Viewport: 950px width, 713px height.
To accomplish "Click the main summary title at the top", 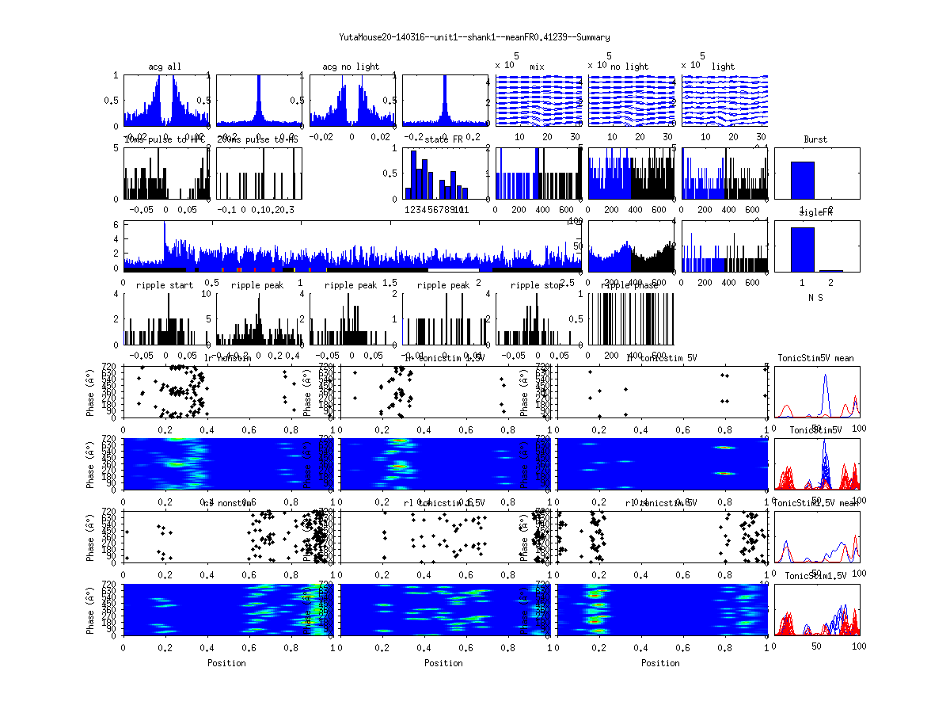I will pyautogui.click(x=474, y=37).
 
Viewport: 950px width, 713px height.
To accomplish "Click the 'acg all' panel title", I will pyautogui.click(x=165, y=67).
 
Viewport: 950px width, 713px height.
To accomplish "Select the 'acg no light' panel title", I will pyautogui.click(x=351, y=67).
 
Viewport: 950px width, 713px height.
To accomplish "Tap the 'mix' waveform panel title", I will pyautogui.click(x=538, y=67).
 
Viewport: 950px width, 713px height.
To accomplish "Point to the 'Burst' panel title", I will pyautogui.click(x=815, y=139).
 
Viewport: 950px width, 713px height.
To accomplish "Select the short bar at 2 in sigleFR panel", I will pyautogui.click(x=830, y=270).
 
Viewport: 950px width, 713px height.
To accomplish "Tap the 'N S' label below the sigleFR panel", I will pyautogui.click(x=815, y=297).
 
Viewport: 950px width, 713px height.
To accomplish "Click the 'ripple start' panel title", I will pyautogui.click(x=165, y=285).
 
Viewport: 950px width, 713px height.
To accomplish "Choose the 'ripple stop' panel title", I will pyautogui.click(x=538, y=285).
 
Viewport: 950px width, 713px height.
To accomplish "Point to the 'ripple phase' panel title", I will pyautogui.click(x=630, y=285).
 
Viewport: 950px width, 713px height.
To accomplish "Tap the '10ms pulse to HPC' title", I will pyautogui.click(x=165, y=139).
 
